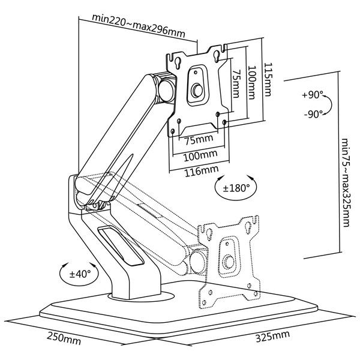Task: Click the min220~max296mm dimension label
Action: click(139, 25)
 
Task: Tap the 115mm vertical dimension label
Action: click(268, 79)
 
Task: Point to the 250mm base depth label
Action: click(64, 338)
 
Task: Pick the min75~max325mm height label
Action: click(346, 182)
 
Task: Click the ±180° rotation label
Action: click(236, 188)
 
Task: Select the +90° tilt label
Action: click(313, 95)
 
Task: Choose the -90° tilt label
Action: click(314, 114)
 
